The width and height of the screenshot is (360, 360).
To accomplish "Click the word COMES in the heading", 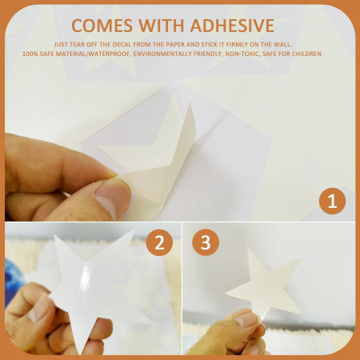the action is pos(102,26).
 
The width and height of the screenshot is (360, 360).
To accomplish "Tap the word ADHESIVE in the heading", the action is pos(232,26).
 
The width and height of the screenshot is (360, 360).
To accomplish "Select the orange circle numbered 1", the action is pos(332,201).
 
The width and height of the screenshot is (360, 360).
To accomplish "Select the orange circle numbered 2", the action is pos(159,242).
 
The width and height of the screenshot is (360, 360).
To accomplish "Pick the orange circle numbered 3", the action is pos(206,242).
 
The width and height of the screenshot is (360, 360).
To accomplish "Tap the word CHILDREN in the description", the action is pos(307,54).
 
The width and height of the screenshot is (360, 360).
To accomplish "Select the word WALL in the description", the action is pos(283,45).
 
